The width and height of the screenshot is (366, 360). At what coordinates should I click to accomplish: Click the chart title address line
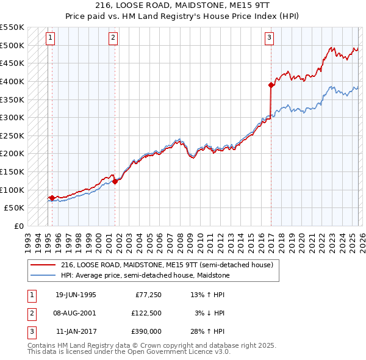coord(183,5)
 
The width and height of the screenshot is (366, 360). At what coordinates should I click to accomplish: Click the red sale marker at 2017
coord(271,85)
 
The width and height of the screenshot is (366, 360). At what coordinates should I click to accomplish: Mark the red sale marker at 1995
coord(52,198)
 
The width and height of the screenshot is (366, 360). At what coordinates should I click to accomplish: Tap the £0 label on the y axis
coord(18,226)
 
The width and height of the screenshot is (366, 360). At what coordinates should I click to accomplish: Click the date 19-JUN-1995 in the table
coord(76,295)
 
